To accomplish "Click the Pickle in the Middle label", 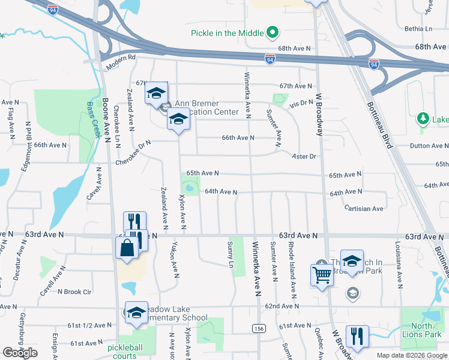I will click(x=227, y=32).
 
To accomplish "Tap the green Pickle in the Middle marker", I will click(x=273, y=32).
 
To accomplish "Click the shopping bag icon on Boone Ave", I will click(x=128, y=247).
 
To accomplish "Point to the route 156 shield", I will click(x=259, y=329).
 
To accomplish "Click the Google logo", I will click(x=20, y=353).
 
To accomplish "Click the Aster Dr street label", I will click(x=304, y=156).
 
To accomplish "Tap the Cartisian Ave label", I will click(x=364, y=209).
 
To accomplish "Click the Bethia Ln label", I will click(x=418, y=29).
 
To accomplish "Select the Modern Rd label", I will click(x=121, y=61).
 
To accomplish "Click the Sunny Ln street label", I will click(x=231, y=255).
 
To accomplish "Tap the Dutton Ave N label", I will click(x=429, y=146).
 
